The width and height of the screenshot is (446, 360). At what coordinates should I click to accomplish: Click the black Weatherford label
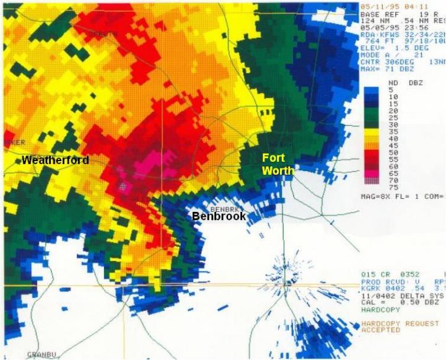tap(55, 160)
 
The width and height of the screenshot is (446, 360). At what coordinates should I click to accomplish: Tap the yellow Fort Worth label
tap(274, 164)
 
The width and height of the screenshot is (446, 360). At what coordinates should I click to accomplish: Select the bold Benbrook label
tap(219, 217)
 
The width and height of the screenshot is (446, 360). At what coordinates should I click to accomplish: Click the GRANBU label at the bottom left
tap(42, 354)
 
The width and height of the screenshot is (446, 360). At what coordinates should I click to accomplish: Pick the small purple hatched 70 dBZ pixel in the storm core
tap(123, 185)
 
